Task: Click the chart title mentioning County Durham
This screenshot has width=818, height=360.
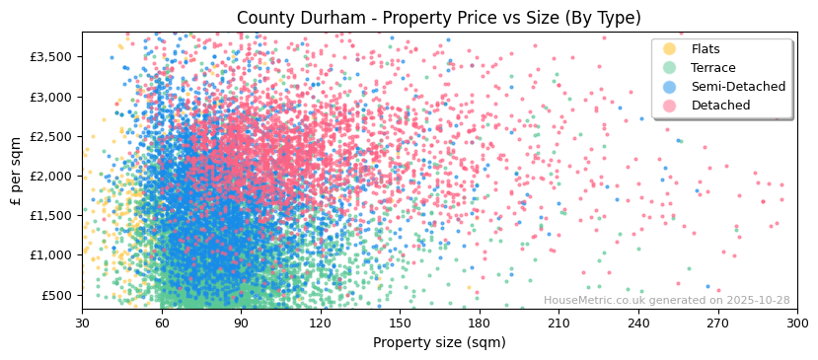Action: pos(439,18)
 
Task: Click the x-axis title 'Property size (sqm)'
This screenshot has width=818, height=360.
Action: pos(439,342)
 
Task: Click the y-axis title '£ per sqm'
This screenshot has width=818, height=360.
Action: pos(16,172)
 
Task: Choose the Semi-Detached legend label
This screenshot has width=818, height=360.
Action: pos(738,87)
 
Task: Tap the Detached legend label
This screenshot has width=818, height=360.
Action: pos(720,106)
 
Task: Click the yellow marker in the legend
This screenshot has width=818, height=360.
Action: pos(670,49)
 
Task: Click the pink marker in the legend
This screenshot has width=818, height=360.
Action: pos(670,106)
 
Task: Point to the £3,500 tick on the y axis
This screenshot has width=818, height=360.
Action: pos(52,57)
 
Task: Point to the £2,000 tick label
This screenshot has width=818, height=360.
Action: pos(52,176)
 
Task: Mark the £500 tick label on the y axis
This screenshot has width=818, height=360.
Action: pos(58,295)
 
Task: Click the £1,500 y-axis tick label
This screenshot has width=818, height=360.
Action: pos(52,216)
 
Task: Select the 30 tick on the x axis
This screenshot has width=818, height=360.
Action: pos(82,323)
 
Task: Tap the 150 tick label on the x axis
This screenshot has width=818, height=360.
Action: pos(400,323)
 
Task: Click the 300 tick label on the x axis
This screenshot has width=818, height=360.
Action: pos(797,323)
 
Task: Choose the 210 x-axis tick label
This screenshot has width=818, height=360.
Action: pos(558,323)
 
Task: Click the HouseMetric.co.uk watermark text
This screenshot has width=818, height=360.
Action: pos(666,301)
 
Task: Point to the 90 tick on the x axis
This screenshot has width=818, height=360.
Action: pos(241,323)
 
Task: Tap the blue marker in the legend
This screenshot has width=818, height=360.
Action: pos(670,87)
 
